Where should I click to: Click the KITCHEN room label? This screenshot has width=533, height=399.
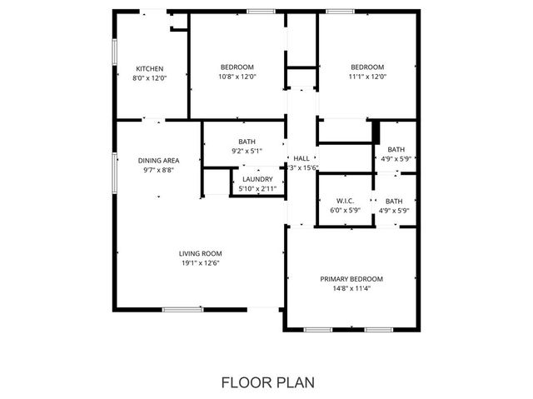[150, 68]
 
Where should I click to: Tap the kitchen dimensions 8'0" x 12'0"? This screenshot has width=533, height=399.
[150, 77]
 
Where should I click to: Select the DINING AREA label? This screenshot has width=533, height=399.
[158, 160]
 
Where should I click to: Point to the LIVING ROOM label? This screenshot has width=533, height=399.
[200, 253]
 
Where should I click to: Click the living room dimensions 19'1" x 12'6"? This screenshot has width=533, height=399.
[200, 262]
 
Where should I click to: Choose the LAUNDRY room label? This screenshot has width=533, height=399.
[257, 179]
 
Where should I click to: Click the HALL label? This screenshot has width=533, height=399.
[301, 158]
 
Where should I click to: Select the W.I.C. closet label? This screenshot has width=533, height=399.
[346, 201]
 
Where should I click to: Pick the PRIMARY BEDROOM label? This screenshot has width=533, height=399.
[351, 279]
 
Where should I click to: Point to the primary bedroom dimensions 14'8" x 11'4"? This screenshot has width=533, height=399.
[351, 288]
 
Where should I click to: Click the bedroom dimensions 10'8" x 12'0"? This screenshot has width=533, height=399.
[237, 77]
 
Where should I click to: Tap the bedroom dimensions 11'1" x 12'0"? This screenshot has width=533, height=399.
[367, 77]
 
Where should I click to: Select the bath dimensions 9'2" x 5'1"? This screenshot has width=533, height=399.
[247, 151]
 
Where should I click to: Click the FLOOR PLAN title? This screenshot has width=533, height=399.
[267, 382]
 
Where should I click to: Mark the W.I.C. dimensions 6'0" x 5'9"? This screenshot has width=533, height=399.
[346, 210]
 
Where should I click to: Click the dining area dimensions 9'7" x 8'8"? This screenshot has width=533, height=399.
[158, 169]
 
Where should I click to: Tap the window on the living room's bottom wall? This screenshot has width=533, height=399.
[182, 309]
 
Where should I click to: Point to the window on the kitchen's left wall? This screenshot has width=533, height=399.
[114, 50]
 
